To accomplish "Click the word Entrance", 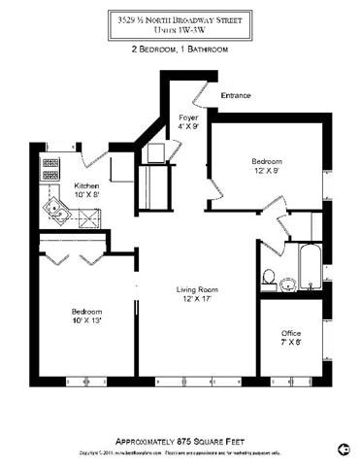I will [236, 95].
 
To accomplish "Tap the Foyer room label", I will [188, 117].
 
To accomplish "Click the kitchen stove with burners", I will [50, 174].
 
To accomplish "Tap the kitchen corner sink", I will [52, 210].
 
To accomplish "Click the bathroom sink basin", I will [288, 283].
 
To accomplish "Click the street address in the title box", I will [180, 17].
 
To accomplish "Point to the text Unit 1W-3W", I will [180, 29].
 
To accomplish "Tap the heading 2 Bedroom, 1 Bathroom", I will [180, 50].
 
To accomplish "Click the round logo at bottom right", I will [344, 448].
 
